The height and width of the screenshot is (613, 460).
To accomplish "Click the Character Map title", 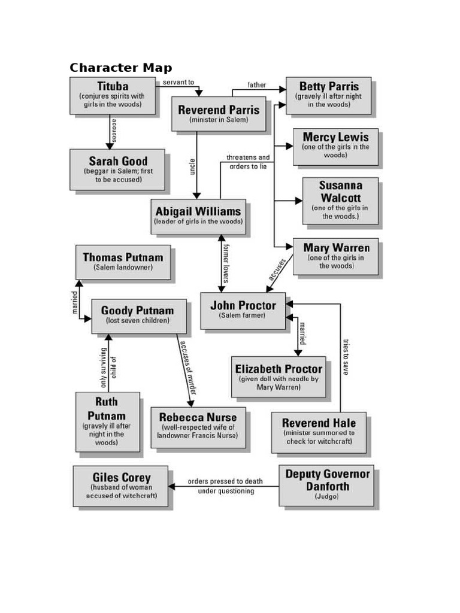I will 120,67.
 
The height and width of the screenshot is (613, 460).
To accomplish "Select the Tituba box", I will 112,95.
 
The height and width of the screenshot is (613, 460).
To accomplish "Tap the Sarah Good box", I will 117,169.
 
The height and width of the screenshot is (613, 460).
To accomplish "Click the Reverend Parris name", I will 219,110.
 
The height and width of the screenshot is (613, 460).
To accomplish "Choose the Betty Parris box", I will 328,95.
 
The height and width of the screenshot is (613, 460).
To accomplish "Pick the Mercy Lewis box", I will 335,146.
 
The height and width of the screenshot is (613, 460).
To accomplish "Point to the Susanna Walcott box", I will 340,201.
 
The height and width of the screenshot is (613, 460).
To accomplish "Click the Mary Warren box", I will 335,256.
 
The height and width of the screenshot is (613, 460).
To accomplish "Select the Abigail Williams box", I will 198,216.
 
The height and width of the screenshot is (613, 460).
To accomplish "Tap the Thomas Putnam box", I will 123,262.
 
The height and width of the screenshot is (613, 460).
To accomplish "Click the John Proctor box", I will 243,310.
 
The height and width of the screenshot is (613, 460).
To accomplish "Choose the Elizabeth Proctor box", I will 279,377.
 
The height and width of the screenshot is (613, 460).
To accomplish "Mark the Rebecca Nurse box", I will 198,426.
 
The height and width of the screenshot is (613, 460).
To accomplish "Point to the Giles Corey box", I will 121,486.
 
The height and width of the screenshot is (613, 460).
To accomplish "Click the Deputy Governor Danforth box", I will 326,485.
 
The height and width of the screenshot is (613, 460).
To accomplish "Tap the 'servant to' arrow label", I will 178,83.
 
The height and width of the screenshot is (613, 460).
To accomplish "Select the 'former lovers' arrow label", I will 226,261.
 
